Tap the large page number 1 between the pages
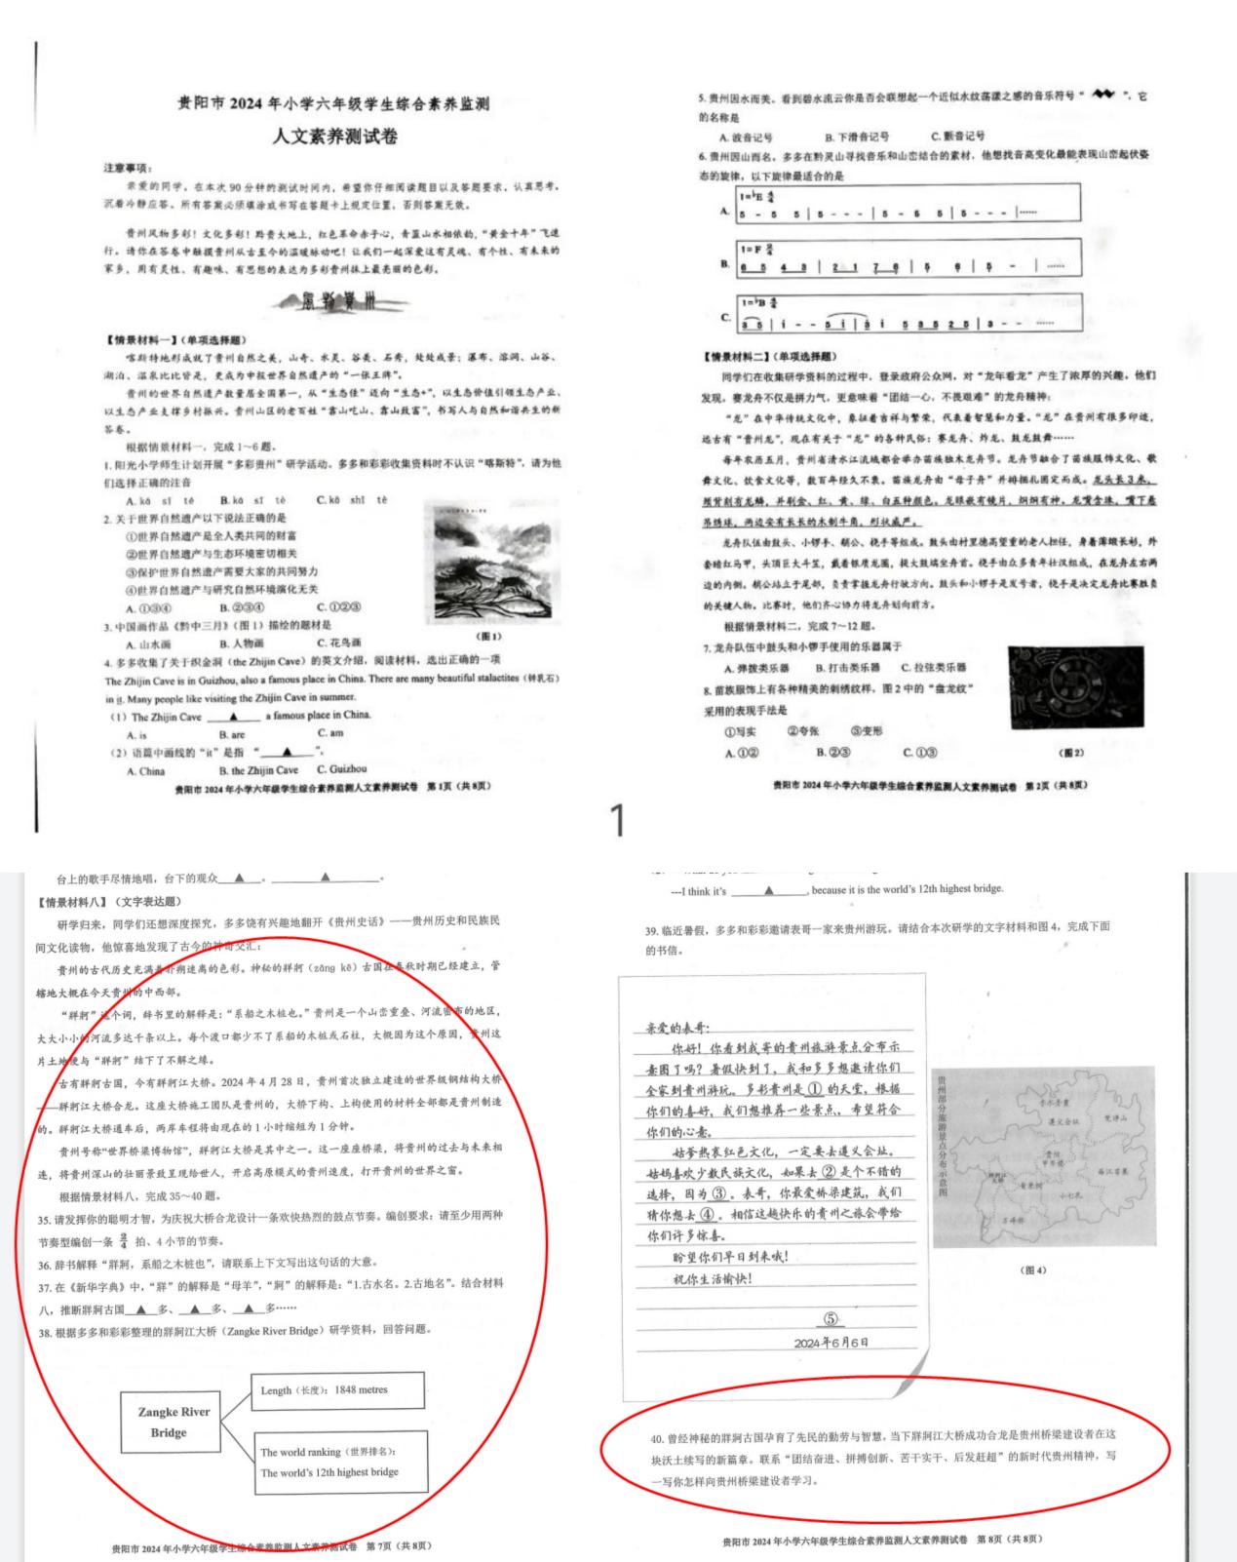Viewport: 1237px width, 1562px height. pyautogui.click(x=617, y=821)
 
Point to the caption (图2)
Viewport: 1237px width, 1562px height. pyautogui.click(x=1071, y=753)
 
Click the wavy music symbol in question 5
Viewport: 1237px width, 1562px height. pyautogui.click(x=1102, y=95)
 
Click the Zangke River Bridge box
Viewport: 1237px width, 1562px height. pyautogui.click(x=168, y=1422)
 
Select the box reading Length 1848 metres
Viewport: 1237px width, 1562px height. pyautogui.click(x=338, y=1390)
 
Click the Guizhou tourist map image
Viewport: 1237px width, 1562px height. pyautogui.click(x=1031, y=1156)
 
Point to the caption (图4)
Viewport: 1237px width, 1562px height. pyautogui.click(x=1031, y=1270)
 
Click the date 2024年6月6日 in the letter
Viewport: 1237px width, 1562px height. pyautogui.click(x=831, y=1343)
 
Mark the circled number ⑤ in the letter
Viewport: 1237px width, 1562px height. pyautogui.click(x=831, y=1318)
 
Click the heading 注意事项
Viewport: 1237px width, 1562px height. pyautogui.click(x=128, y=169)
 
